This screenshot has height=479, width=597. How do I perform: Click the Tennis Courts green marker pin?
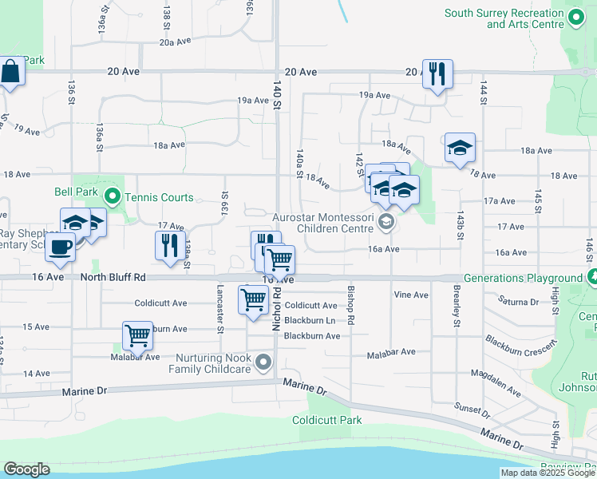(113, 196)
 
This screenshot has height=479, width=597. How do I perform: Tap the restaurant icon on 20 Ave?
(437, 74)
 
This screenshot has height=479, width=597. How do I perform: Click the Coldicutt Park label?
(326, 420)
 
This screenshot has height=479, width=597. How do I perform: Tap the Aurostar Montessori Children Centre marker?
(386, 223)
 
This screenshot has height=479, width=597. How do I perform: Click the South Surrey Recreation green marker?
(577, 18)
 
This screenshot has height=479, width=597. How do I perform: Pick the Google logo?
(26, 469)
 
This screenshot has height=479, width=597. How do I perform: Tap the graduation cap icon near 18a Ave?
(460, 148)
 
